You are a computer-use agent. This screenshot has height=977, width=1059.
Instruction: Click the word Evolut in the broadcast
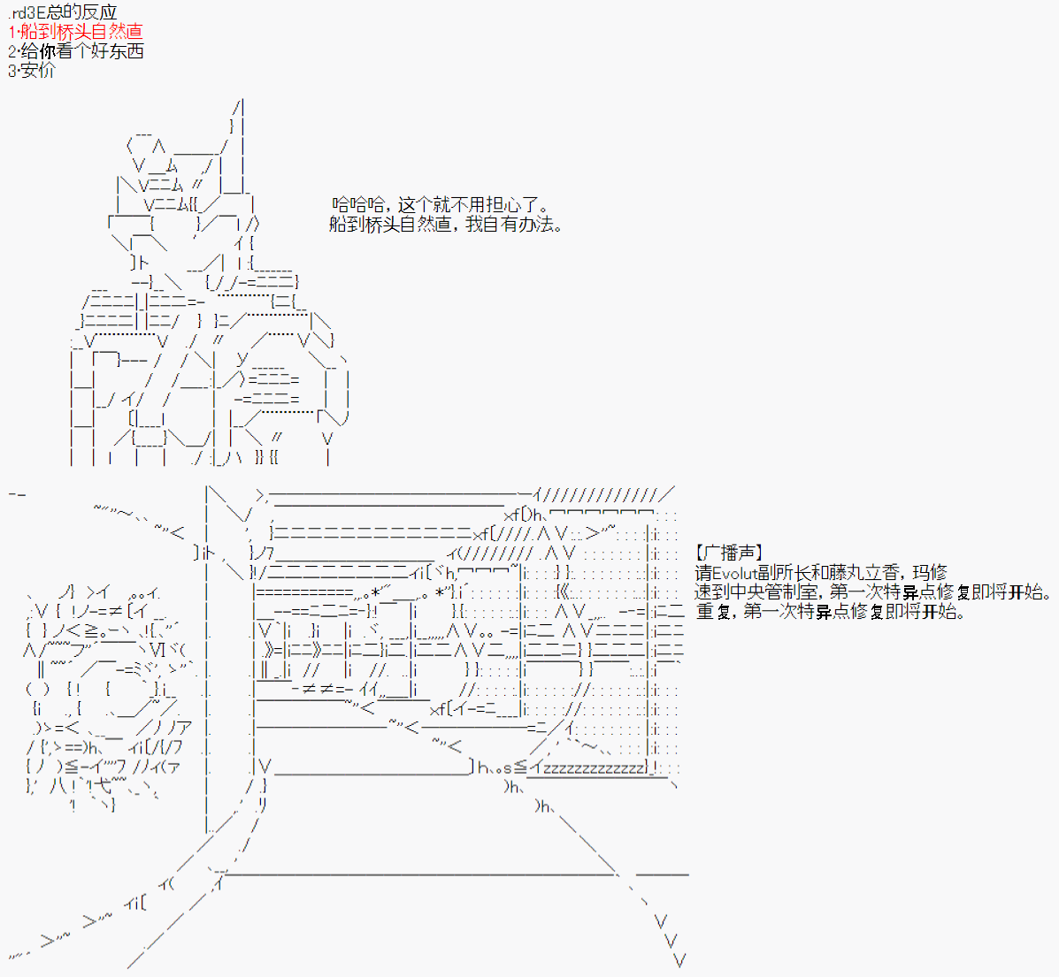tap(736, 573)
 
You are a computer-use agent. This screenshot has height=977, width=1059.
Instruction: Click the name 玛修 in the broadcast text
tap(930, 573)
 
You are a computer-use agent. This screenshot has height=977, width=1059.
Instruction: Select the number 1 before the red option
tap(12, 32)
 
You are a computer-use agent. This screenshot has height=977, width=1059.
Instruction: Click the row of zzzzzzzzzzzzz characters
tap(593, 768)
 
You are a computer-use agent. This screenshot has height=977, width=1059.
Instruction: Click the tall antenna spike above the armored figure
tap(241, 133)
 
